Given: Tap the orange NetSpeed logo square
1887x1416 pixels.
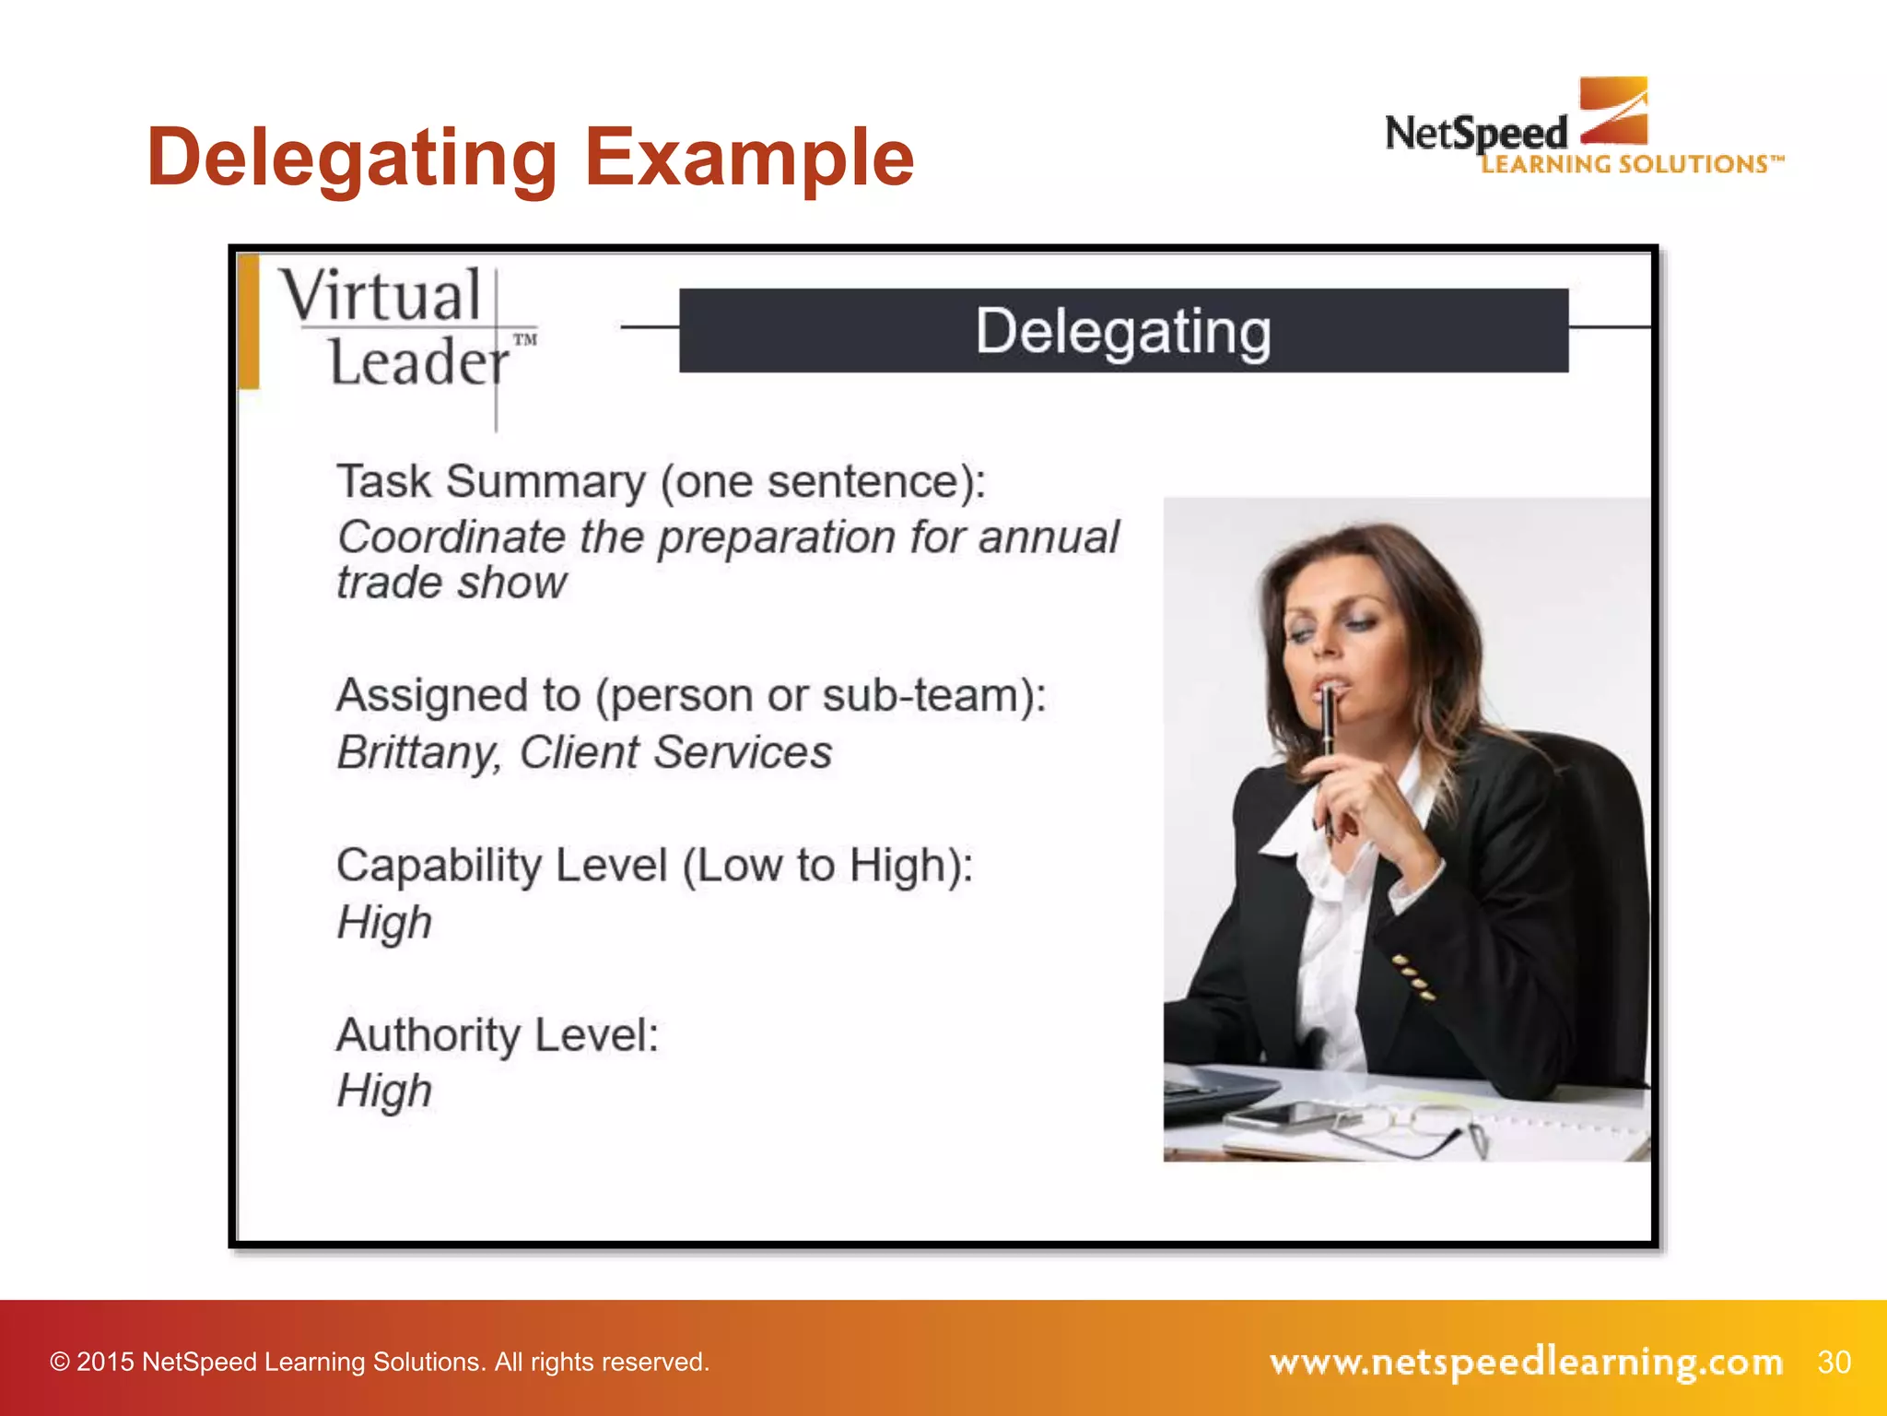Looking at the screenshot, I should click(1613, 110).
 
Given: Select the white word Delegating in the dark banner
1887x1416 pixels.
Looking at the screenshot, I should click(1123, 331).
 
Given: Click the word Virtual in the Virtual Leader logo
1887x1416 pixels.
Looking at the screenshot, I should click(381, 296).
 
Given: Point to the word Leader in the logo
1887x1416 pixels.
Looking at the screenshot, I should click(417, 361).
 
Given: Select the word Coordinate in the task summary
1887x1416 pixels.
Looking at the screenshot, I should click(449, 537).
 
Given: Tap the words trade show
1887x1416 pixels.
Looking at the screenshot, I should click(451, 584).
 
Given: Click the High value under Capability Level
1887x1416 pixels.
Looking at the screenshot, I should click(384, 923).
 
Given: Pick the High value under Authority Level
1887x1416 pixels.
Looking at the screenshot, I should click(384, 1091).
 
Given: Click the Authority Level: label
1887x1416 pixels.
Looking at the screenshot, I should click(498, 1035).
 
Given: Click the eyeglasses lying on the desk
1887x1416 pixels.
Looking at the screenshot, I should click(1419, 1129).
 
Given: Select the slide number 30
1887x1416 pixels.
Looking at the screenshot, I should click(1834, 1362).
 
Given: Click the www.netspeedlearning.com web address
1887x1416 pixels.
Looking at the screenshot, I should click(1526, 1362).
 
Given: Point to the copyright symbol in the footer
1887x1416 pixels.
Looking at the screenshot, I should click(60, 1363).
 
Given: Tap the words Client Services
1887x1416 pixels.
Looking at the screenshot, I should click(675, 753).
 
